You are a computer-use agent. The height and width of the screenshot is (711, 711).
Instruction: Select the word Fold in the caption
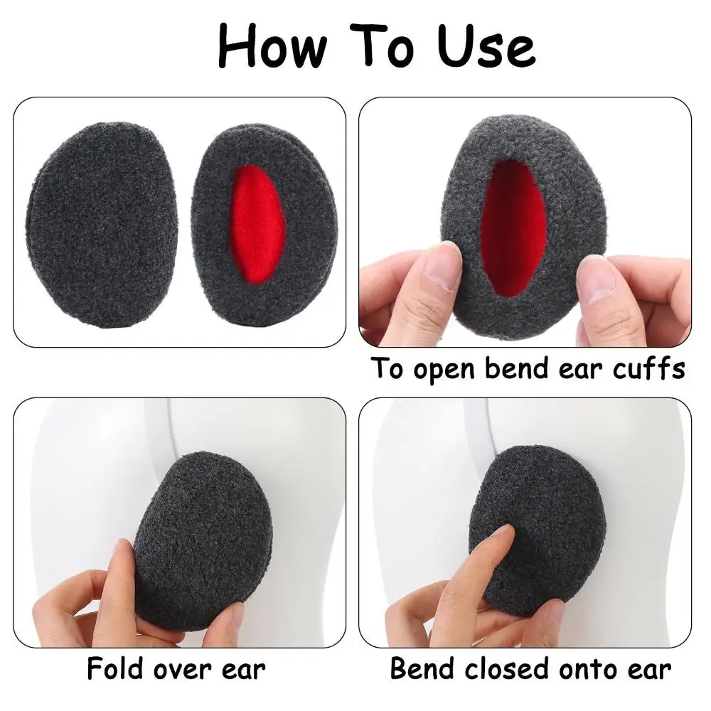pyautogui.click(x=115, y=668)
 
